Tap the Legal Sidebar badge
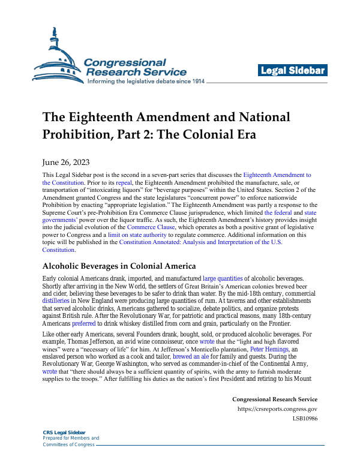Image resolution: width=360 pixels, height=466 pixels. (293, 71)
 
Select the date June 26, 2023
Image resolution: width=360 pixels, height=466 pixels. (66, 161)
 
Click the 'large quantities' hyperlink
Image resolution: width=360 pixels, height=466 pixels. (223, 279)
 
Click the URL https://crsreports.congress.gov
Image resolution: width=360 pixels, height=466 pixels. (277, 410)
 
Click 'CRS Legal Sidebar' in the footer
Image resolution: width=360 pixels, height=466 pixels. (64, 432)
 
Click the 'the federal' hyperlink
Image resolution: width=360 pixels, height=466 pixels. (278, 212)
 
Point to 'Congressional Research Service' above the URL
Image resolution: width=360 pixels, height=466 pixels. (274, 399)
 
